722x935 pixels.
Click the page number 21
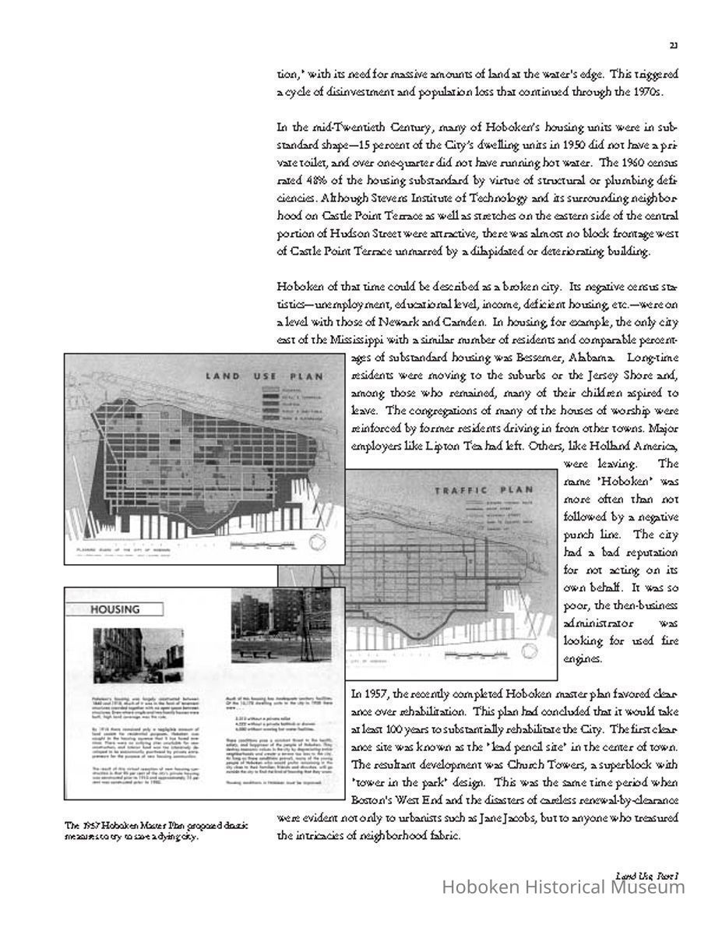coord(673,45)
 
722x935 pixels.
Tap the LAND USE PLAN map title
coord(264,376)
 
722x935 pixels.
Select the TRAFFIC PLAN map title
coord(484,490)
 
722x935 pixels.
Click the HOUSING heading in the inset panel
coord(114,609)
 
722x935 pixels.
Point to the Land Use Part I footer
coord(646,876)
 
